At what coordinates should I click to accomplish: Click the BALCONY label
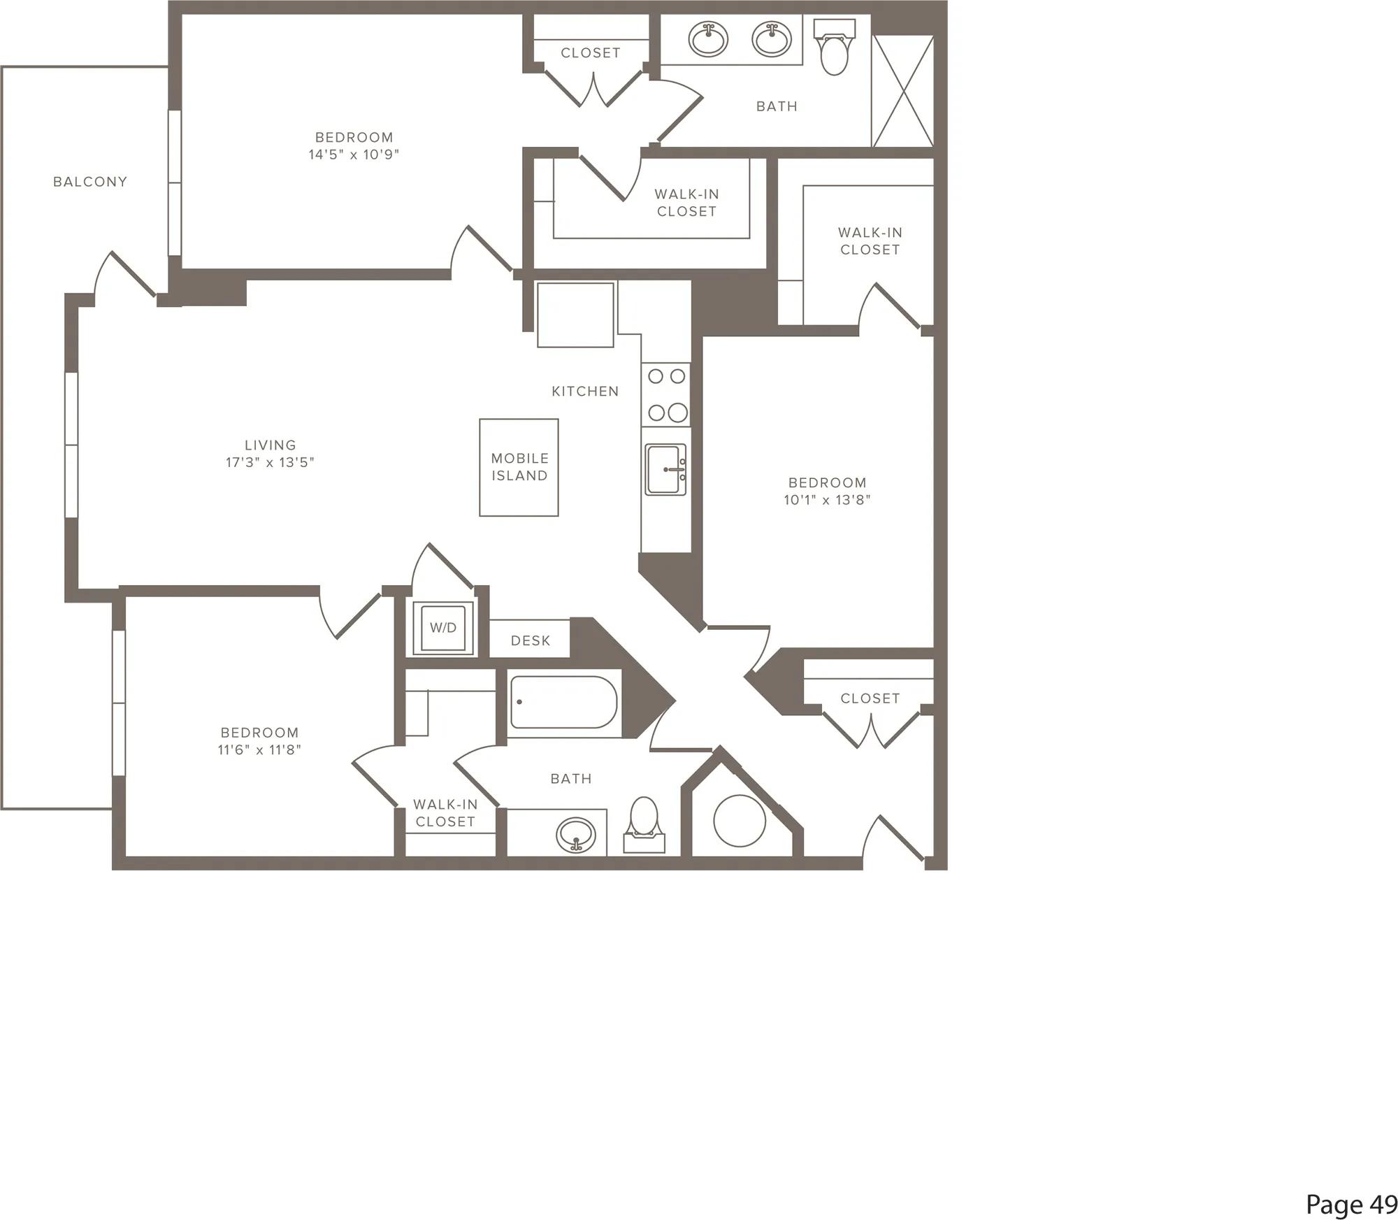point(90,182)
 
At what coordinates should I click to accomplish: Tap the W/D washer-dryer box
point(443,628)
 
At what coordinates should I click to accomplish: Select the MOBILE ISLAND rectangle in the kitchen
point(519,468)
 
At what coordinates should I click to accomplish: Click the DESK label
point(531,640)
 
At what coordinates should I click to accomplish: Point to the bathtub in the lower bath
point(563,702)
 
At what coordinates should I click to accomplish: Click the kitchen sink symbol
point(665,470)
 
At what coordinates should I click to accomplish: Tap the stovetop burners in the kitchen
point(666,394)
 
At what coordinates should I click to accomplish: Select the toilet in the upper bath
point(835,47)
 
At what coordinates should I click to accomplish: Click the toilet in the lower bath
point(644,825)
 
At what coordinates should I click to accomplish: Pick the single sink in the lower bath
point(576,834)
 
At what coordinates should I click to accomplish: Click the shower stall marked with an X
point(902,91)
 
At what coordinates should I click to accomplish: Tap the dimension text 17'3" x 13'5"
point(270,462)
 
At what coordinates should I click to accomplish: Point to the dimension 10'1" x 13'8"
point(827,500)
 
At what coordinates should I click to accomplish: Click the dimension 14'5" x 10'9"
point(354,155)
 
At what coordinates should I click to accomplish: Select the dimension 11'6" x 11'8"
point(259,750)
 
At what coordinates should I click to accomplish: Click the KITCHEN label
point(585,392)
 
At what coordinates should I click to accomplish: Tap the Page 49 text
point(1351,1204)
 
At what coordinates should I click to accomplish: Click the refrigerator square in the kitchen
point(575,315)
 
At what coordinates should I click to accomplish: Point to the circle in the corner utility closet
point(740,821)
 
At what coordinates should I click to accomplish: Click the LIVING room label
point(270,445)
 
